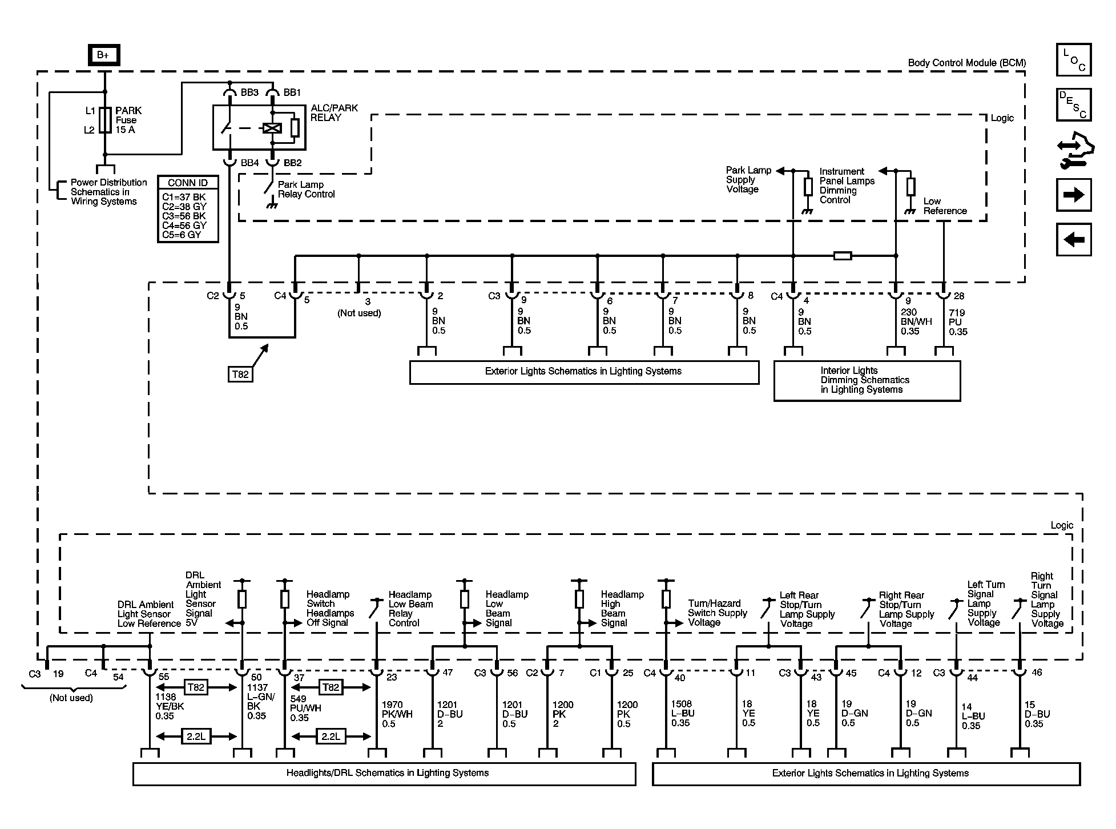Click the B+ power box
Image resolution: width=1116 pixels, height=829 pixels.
(103, 55)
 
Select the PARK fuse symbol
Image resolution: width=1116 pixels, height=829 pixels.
(105, 120)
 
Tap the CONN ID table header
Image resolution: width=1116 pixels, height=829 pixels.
(187, 183)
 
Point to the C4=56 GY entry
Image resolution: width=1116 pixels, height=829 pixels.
(184, 225)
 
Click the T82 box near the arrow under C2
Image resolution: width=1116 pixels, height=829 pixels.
(240, 374)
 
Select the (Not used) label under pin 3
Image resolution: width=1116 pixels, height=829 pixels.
(359, 313)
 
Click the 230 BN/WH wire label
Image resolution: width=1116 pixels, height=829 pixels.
(916, 321)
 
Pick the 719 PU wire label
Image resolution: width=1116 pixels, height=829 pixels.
(958, 322)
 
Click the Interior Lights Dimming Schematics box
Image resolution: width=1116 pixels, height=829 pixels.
(867, 380)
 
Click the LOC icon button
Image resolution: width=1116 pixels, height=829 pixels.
(1073, 60)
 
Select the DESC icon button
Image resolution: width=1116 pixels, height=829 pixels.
(1073, 104)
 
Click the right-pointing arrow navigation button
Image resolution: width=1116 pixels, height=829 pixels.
(1073, 195)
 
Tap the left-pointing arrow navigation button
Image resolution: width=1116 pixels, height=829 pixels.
(1073, 239)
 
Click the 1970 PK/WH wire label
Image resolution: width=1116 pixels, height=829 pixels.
(397, 714)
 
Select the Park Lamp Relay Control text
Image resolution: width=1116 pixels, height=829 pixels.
(306, 189)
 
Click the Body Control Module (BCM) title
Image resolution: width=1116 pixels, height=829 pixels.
(966, 63)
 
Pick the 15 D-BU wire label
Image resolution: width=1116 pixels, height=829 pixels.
(1037, 714)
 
